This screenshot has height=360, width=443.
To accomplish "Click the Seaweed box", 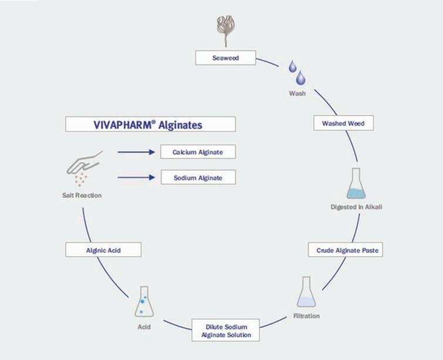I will coord(225,58).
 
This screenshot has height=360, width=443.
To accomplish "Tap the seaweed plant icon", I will coord(225,30).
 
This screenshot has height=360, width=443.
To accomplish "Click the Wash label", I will coord(297,93).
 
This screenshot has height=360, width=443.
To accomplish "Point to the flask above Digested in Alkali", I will coord(357,184).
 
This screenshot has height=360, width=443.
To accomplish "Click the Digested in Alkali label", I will coord(357,207).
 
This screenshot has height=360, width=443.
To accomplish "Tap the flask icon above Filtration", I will coord(305,293).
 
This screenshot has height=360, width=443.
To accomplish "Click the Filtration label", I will coord(306,317).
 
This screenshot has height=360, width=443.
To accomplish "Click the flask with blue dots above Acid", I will coord(144,302).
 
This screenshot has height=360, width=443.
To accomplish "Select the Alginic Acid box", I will coord(103,250).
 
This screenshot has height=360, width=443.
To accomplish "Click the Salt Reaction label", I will coord(82,195).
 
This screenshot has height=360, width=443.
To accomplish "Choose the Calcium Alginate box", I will coord(198,152).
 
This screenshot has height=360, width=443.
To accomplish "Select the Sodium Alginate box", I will coord(198,178).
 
